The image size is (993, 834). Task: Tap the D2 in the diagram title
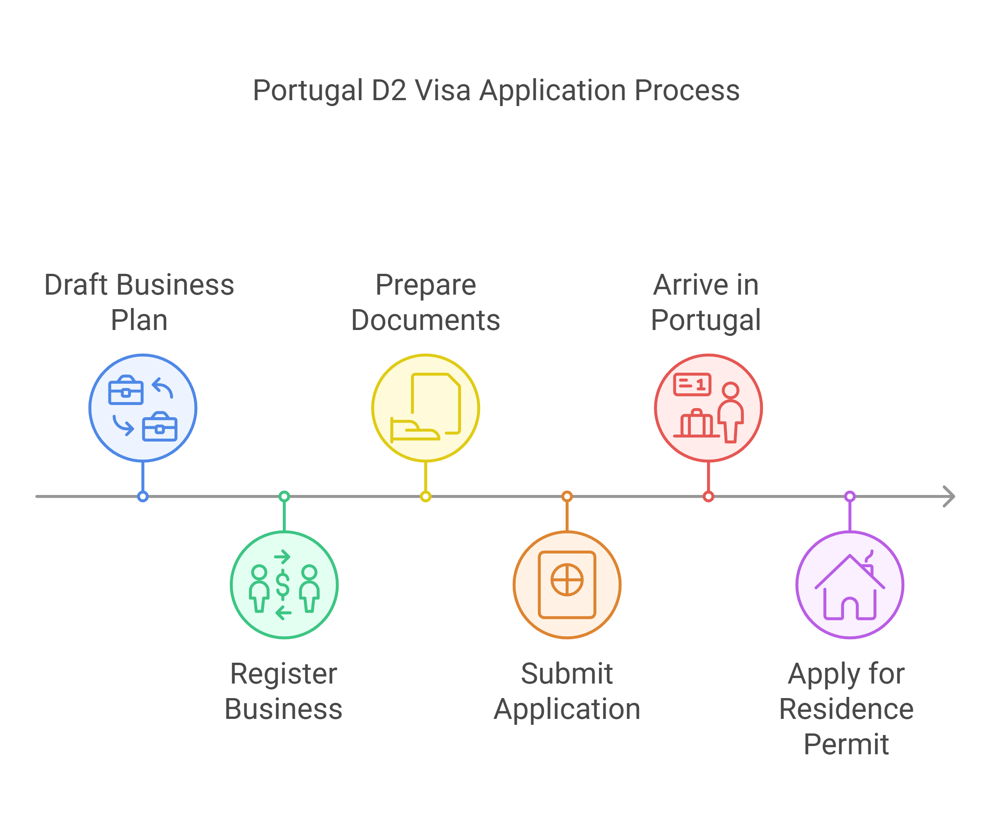point(389,90)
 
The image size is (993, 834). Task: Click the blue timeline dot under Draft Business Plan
point(143,497)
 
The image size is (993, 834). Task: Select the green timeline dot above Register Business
point(284,497)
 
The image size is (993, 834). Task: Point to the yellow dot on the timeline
point(425,497)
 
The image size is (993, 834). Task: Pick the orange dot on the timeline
point(567,497)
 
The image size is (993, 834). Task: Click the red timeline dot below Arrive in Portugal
point(708,497)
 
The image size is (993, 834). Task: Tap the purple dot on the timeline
point(850,497)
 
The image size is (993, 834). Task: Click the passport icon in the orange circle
point(567,585)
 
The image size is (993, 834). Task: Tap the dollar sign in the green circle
point(283,585)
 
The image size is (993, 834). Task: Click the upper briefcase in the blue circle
point(126,390)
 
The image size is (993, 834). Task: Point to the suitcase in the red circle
point(696,423)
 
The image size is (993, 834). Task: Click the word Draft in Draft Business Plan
point(76,285)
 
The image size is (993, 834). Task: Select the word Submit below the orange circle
point(566,674)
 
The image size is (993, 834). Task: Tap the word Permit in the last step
point(846,745)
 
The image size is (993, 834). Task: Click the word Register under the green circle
point(284,674)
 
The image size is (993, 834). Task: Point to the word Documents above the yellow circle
point(425,321)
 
